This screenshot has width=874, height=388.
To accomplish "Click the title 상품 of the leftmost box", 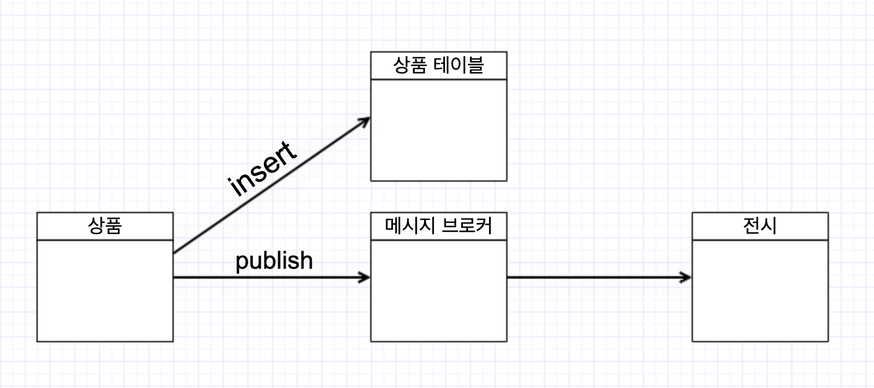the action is pos(104,226).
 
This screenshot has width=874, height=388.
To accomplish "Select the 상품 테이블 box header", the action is pos(438,65).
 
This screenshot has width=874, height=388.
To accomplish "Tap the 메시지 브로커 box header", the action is pos(438,226).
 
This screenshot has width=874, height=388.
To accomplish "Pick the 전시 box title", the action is pos(760,226).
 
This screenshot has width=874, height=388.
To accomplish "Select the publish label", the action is pos(274,261).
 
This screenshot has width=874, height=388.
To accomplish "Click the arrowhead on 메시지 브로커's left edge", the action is pos(365,277).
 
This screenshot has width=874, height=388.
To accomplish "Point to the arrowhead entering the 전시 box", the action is pos(685,277).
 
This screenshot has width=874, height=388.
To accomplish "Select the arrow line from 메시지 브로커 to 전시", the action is pos(593,277).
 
